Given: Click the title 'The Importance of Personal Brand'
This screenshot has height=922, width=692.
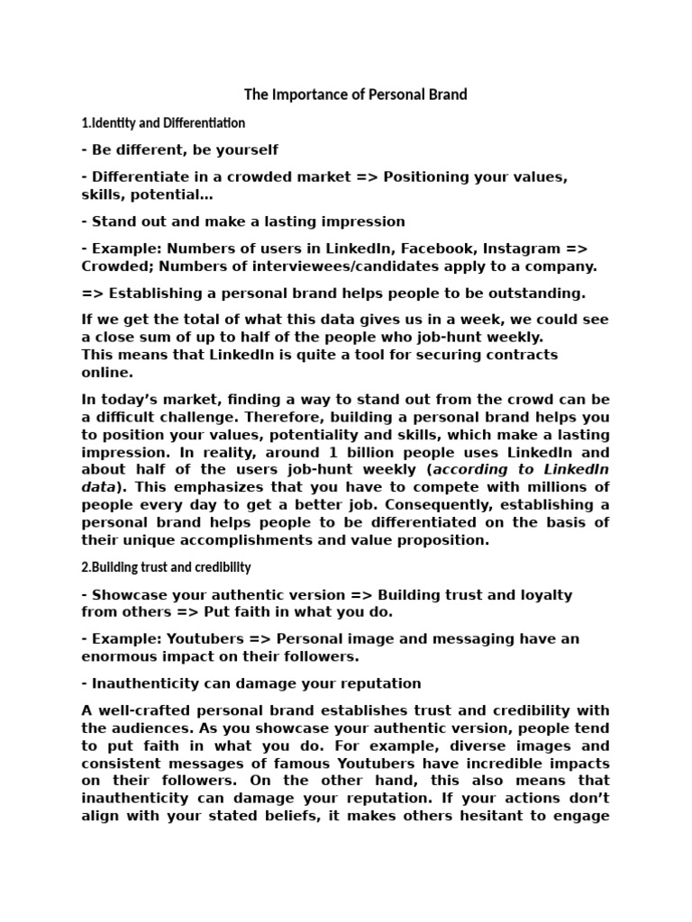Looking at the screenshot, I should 356,95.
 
